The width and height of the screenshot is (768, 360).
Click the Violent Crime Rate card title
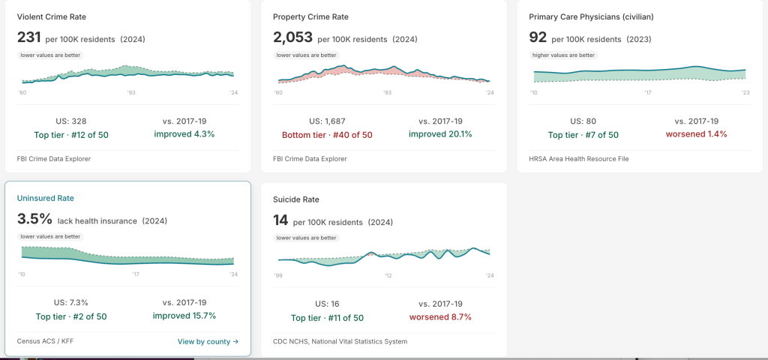pyautogui.click(x=52, y=16)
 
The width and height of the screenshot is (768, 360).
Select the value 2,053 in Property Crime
pyautogui.click(x=293, y=37)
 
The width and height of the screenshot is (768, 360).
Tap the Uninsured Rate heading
pyautogui.click(x=46, y=198)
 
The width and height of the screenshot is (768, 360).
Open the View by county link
pyautogui.click(x=208, y=341)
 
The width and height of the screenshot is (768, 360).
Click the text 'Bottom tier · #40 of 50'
pyautogui.click(x=327, y=135)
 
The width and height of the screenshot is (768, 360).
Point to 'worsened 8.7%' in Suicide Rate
pyautogui.click(x=440, y=317)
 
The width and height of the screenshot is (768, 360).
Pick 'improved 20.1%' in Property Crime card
pyautogui.click(x=440, y=134)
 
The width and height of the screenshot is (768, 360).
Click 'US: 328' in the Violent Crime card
pyautogui.click(x=71, y=121)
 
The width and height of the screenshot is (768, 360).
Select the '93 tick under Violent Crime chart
pyautogui.click(x=131, y=92)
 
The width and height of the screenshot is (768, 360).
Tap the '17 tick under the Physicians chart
pyautogui.click(x=647, y=92)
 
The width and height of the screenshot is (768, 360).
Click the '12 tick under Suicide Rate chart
pyautogui.click(x=388, y=276)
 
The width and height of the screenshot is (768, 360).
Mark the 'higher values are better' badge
pyautogui.click(x=564, y=55)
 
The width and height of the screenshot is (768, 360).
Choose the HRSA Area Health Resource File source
pyautogui.click(x=579, y=159)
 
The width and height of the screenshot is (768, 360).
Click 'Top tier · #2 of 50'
pyautogui.click(x=71, y=316)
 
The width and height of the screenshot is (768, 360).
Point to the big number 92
pyautogui.click(x=538, y=37)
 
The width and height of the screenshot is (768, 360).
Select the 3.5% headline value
pyautogui.click(x=34, y=219)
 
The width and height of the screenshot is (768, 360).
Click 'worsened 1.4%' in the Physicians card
pyautogui.click(x=696, y=134)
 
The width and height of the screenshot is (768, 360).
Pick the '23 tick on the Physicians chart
pyautogui.click(x=745, y=92)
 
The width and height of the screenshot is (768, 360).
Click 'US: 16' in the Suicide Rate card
pyautogui.click(x=327, y=304)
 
